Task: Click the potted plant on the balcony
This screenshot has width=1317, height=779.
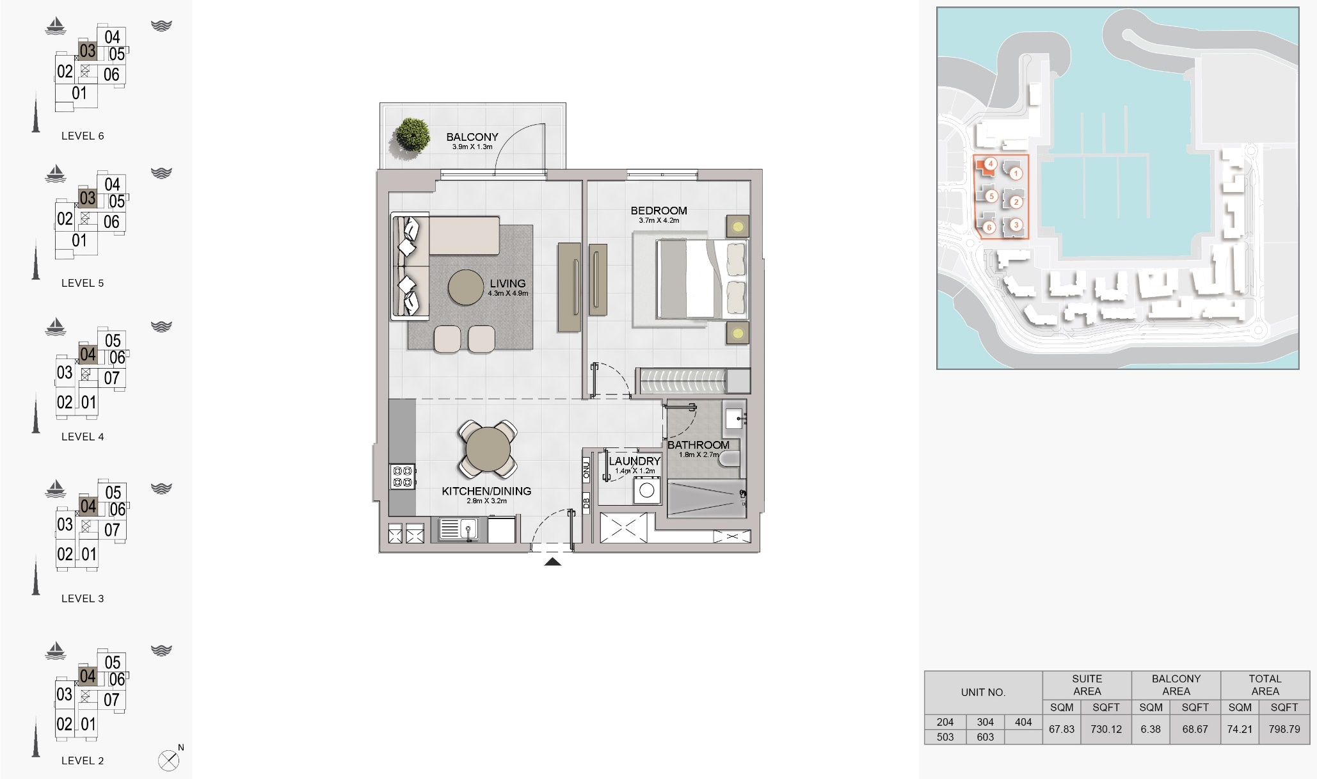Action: pos(411,135)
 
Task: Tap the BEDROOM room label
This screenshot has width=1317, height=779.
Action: pos(658,211)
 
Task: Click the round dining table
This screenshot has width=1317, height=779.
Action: pos(488,449)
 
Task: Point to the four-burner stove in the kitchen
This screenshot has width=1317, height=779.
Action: pos(403,476)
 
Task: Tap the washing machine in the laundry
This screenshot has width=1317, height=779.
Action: pos(647,491)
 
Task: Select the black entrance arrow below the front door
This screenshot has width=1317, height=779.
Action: pos(552,562)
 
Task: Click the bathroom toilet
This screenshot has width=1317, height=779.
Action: pos(730,458)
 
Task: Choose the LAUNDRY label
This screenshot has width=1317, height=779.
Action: pos(634,461)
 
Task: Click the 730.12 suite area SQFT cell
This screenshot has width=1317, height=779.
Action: pos(1106,729)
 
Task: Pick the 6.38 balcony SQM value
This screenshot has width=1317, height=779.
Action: pos(1151,729)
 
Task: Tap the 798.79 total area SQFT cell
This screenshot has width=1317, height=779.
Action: pos(1284,729)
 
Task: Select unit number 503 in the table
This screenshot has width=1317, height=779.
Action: pos(945,737)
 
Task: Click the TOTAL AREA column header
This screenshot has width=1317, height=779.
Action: pos(1265,685)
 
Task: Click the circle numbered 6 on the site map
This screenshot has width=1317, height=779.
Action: pos(989,227)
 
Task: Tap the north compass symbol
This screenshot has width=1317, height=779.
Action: pos(168,760)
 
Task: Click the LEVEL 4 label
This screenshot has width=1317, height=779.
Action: pos(83,437)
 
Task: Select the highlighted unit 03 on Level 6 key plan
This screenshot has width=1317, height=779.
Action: pos(88,51)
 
